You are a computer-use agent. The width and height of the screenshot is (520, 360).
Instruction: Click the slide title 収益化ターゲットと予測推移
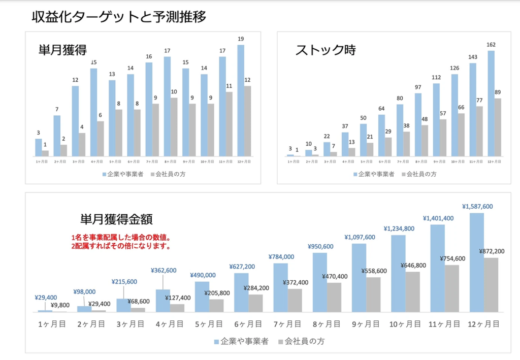pyautogui.click(x=119, y=16)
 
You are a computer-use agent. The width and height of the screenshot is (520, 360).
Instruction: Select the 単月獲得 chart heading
pyautogui.click(x=62, y=50)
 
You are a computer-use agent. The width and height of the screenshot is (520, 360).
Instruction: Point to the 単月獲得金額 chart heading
pyautogui.click(x=116, y=219)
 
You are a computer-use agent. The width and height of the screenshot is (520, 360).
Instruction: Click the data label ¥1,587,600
pyautogui.click(x=477, y=207)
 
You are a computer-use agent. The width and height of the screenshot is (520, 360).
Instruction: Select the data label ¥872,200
pyautogui.click(x=492, y=251)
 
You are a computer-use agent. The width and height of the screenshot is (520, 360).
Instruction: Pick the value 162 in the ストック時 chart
pyautogui.click(x=491, y=45)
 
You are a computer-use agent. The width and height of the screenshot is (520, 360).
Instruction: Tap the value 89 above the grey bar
pyautogui.click(x=498, y=92)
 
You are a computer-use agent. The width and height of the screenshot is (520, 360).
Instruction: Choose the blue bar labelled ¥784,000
pyautogui.click(x=280, y=287)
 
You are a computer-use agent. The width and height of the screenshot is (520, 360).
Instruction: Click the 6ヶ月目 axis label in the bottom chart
pyautogui.click(x=248, y=323)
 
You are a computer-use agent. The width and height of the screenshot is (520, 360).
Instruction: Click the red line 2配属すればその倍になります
pyautogui.click(x=120, y=246)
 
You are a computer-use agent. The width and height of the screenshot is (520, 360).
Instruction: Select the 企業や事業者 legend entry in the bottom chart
pyautogui.click(x=241, y=341)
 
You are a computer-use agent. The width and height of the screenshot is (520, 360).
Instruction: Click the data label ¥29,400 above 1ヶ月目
pyautogui.click(x=45, y=298)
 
